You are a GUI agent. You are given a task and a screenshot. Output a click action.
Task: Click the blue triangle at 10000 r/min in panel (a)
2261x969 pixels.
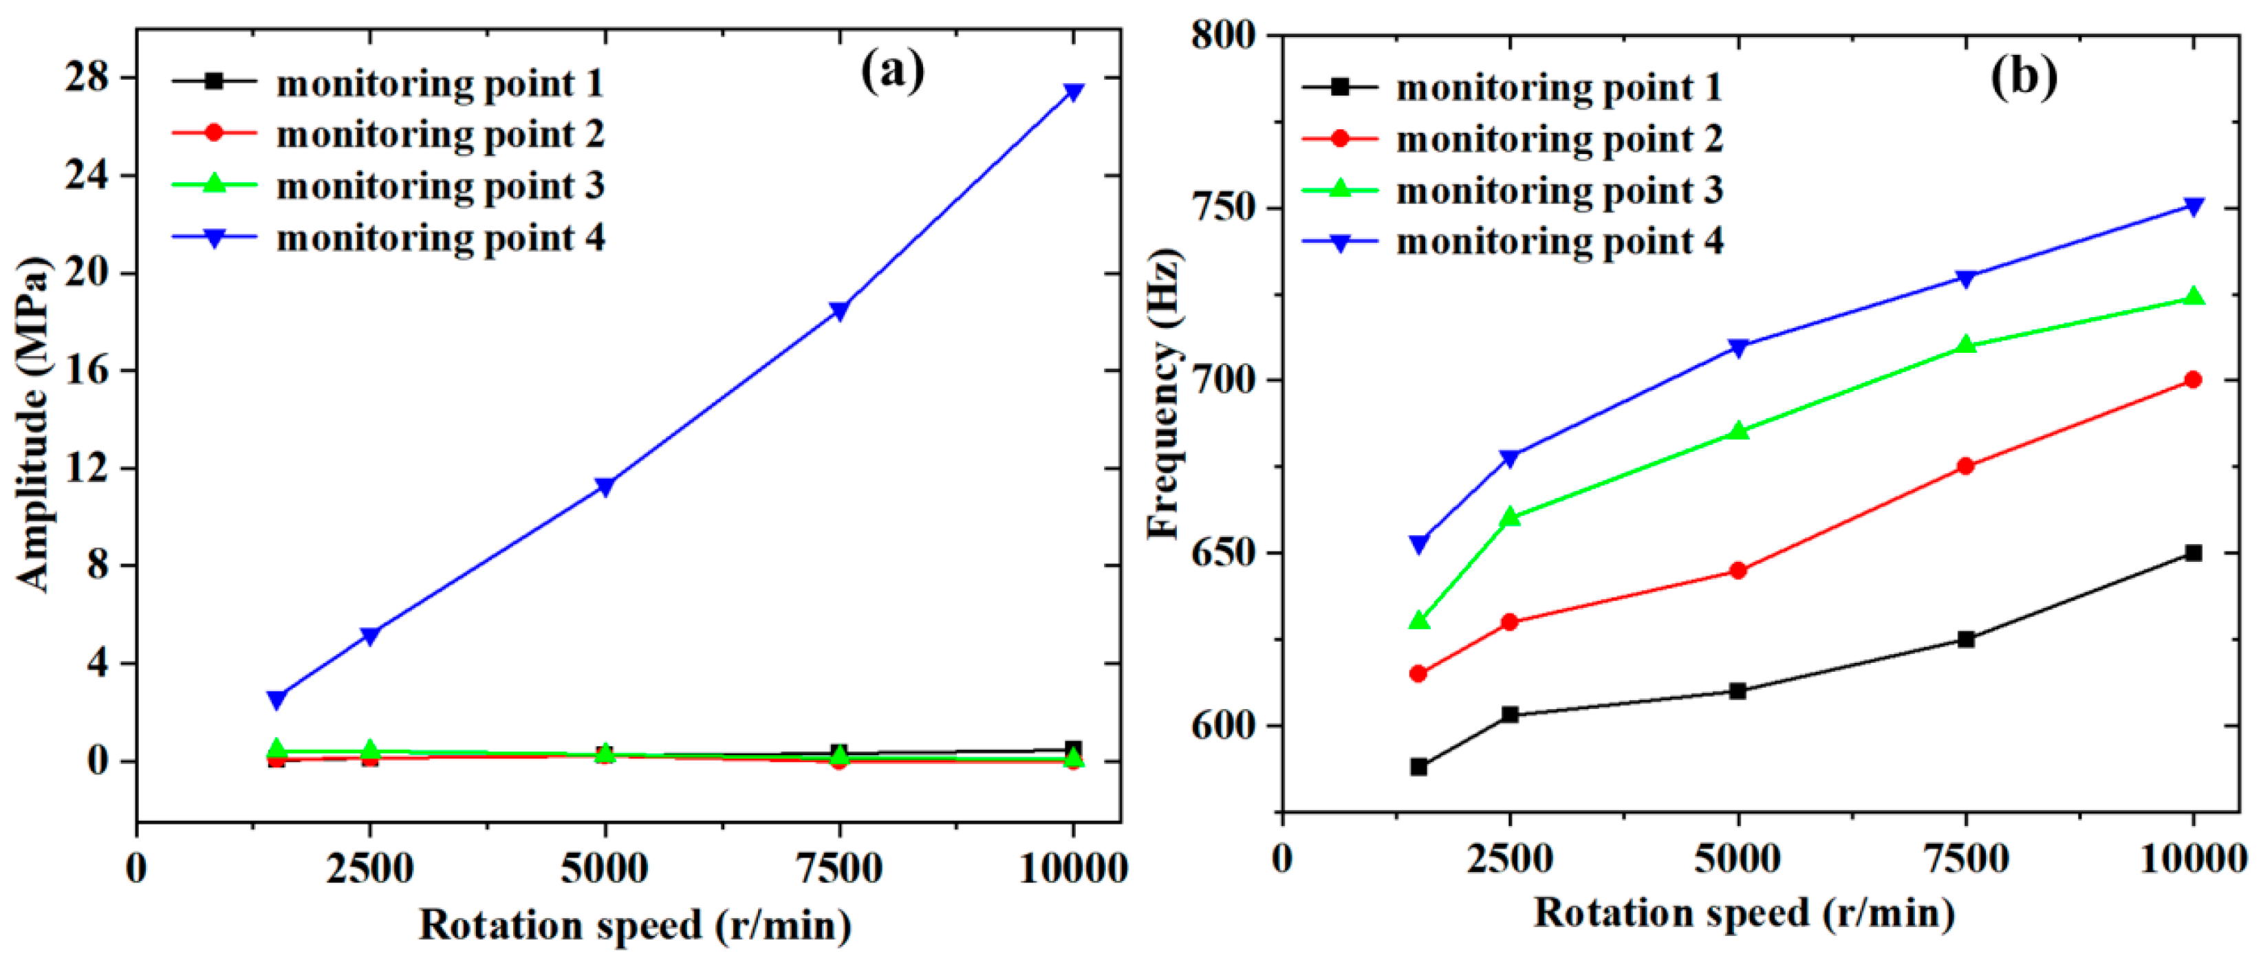1072,92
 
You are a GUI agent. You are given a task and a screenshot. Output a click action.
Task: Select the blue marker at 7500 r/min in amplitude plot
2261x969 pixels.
839,311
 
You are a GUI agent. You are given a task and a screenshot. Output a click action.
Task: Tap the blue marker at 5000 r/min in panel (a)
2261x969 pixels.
605,486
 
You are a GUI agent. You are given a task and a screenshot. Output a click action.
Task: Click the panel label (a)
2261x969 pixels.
891,70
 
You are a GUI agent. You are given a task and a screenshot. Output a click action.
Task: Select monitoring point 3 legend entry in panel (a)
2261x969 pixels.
439,186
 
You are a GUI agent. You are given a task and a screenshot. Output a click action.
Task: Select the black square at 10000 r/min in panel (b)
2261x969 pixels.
2192,553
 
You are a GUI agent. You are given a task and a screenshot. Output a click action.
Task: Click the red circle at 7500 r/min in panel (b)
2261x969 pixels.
1965,466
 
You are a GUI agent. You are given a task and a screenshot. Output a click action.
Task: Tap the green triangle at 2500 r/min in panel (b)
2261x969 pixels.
1510,517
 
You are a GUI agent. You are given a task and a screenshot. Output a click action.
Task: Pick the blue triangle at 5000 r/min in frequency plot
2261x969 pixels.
1738,347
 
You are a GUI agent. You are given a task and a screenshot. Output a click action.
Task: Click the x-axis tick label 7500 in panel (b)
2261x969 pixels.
1965,858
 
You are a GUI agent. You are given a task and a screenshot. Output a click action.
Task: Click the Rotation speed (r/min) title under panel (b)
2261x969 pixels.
1744,913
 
